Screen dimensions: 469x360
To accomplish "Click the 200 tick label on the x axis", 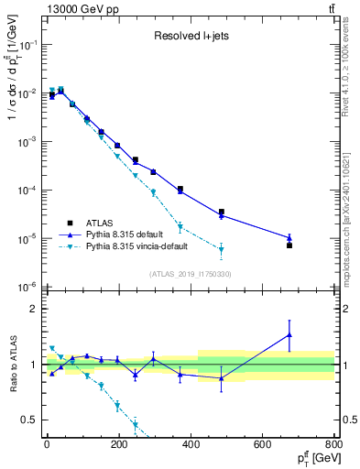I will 118,445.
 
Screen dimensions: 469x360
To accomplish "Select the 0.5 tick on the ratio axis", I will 32,420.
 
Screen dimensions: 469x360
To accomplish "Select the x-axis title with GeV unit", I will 312,458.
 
